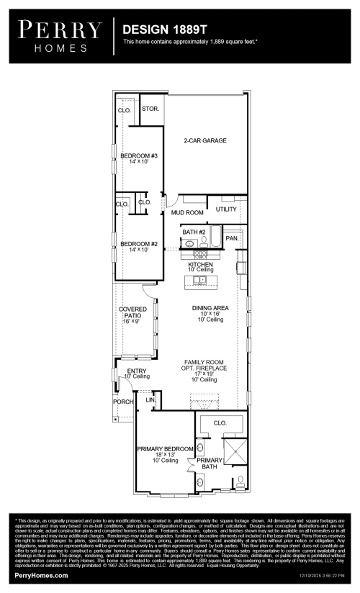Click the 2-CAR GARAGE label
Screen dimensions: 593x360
click(205, 140)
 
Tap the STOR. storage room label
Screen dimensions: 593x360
click(150, 109)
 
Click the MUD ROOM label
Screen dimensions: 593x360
click(187, 213)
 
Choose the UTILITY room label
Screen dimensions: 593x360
click(226, 209)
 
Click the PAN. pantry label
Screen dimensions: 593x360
click(233, 237)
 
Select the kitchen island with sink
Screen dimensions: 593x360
click(201, 280)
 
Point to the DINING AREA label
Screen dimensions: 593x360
click(210, 308)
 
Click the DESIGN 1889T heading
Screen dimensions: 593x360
click(165, 30)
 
